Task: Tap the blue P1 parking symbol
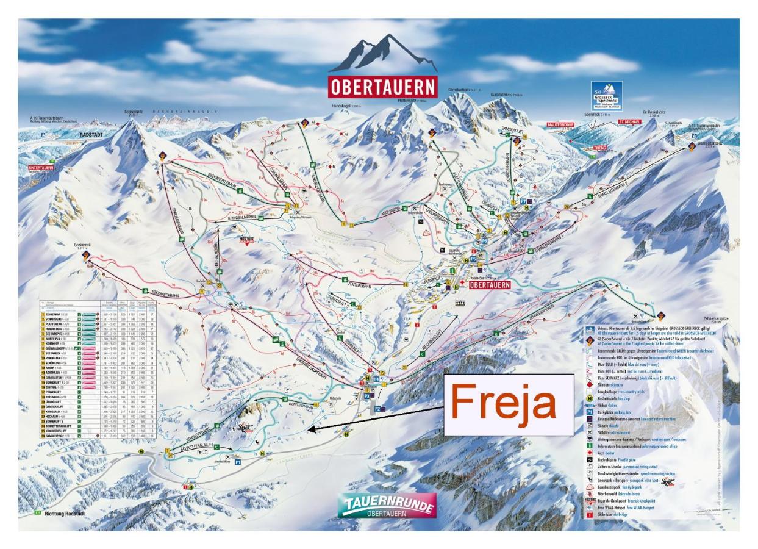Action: (238, 463)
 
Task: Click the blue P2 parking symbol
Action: (377, 408)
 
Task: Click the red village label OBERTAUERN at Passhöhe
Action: (489, 285)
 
